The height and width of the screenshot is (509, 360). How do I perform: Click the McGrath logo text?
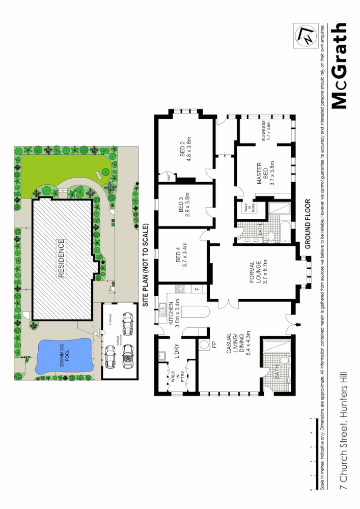coord(340,66)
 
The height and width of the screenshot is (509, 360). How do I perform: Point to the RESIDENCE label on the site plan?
coord(62,259)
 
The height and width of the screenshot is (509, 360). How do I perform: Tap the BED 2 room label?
coord(186,149)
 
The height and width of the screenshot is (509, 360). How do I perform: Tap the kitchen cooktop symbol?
coord(179,289)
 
